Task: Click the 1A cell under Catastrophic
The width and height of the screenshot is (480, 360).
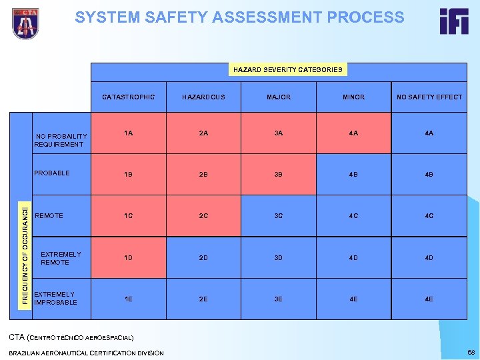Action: click(129, 133)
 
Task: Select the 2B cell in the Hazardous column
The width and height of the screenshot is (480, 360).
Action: click(203, 175)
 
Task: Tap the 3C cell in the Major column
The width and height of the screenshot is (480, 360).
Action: click(279, 216)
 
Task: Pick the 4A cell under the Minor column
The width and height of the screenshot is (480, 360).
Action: click(353, 133)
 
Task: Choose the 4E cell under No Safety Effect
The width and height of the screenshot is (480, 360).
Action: click(429, 299)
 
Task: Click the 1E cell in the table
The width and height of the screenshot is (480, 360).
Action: click(129, 299)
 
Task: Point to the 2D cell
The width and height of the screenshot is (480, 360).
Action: click(203, 258)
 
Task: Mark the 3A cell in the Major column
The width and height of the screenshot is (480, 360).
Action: click(279, 133)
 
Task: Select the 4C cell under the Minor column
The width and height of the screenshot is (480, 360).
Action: click(353, 216)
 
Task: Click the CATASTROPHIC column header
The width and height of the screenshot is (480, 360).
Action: click(129, 97)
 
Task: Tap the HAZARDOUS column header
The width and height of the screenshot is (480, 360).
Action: click(203, 97)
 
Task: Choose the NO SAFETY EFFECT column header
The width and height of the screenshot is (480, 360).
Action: click(429, 97)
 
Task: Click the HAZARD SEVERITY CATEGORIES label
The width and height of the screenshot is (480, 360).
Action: click(288, 69)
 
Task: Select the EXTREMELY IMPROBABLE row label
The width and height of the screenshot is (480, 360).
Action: click(55, 298)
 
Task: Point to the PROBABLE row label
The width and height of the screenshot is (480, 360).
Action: click(52, 173)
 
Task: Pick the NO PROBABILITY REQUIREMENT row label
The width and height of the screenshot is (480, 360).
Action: click(60, 140)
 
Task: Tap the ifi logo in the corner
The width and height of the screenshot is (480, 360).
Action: click(453, 21)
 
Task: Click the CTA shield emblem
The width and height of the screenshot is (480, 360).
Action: click(25, 23)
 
